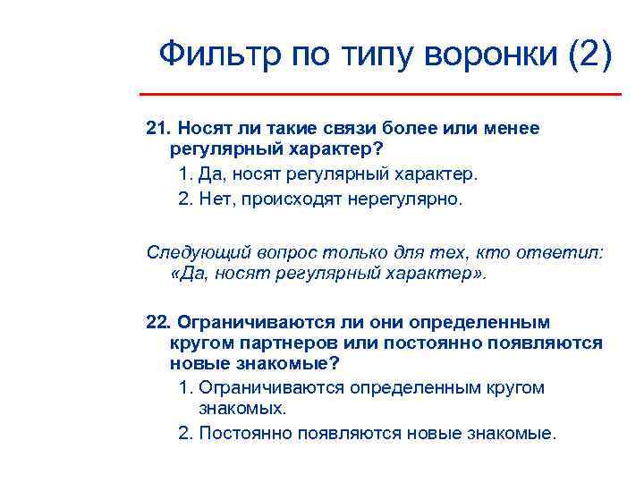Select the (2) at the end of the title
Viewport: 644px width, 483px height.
click(591, 55)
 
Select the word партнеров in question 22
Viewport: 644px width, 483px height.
click(287, 343)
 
